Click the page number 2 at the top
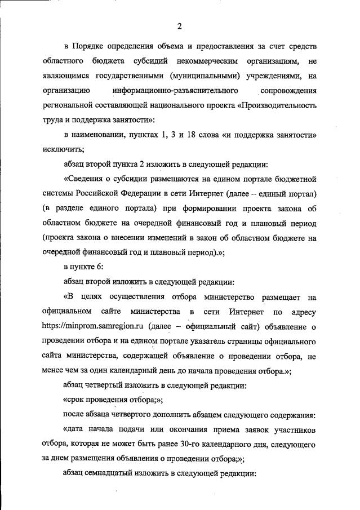pos(179,25)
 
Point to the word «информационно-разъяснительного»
pos(175,90)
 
